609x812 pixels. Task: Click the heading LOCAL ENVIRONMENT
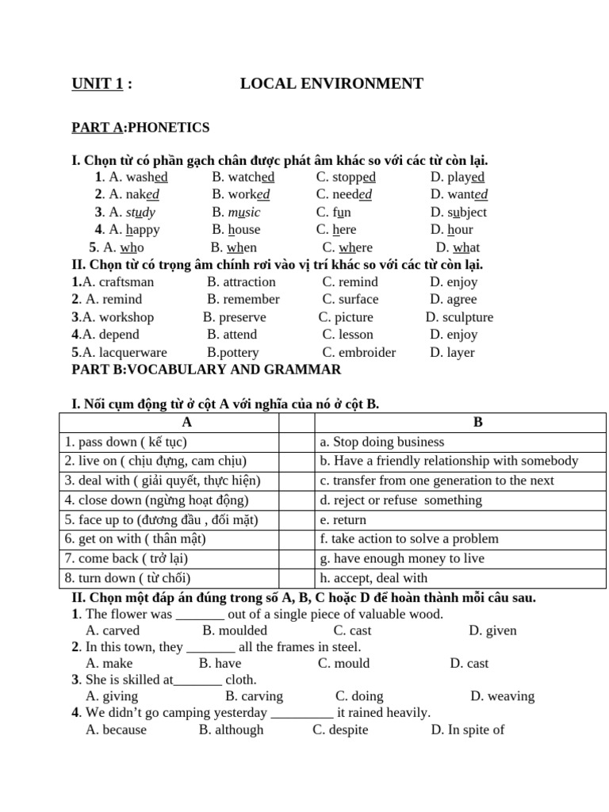coord(331,84)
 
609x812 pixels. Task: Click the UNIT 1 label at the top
coord(98,84)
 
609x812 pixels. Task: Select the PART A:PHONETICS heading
coord(140,128)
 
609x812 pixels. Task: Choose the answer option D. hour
coord(452,230)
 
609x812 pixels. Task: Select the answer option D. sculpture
coord(459,317)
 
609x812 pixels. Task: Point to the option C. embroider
coord(359,352)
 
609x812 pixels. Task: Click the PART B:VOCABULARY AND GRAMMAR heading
coord(206,370)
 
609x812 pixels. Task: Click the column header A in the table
coord(187,423)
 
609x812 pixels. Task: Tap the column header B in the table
coord(477,423)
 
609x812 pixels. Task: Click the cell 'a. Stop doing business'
coord(381,442)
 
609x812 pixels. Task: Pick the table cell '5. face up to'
coord(162,520)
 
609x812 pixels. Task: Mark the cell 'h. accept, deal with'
coord(373,578)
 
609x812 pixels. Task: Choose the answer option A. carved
coord(113,631)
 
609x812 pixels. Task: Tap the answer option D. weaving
coord(502,696)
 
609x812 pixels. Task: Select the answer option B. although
coord(231,730)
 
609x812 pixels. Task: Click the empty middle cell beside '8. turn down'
coord(297,578)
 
